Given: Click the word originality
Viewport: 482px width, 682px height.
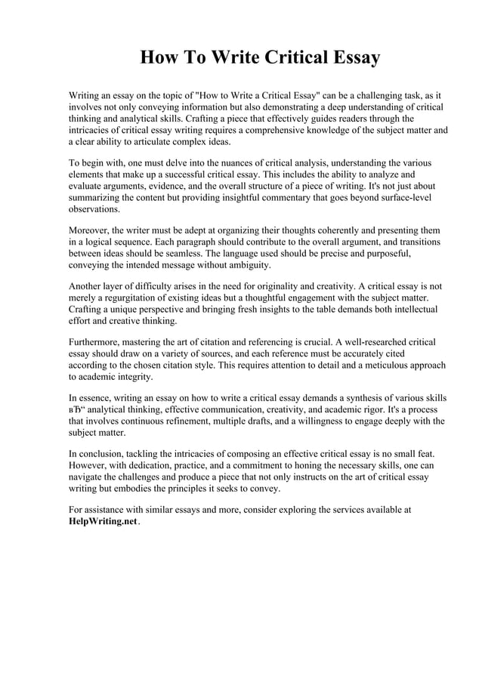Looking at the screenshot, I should (305, 286).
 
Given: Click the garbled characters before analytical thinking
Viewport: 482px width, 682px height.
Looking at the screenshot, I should (76, 410).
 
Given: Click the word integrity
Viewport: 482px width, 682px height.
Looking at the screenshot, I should (135, 377).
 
